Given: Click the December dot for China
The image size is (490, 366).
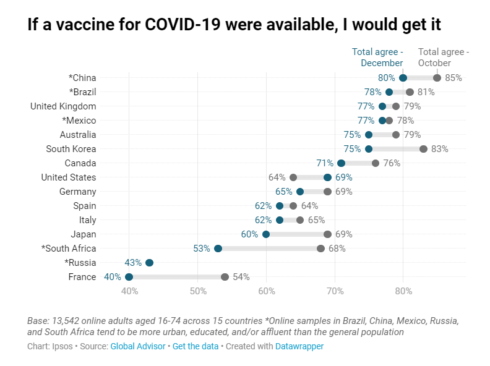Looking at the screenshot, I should [x=403, y=78].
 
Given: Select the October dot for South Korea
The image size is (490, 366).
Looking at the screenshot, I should [x=423, y=149].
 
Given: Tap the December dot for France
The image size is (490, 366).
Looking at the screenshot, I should [x=129, y=277].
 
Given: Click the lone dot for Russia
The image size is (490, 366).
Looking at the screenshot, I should [x=149, y=263].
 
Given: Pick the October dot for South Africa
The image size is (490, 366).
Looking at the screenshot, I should [x=320, y=249].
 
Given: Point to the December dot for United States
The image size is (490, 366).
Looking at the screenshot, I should [x=327, y=177].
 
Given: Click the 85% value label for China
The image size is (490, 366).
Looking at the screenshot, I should [x=453, y=78].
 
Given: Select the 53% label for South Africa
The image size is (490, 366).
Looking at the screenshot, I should [x=202, y=249].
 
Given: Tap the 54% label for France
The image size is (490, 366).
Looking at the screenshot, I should [x=241, y=277].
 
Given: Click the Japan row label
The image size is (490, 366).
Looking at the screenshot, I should [x=84, y=234].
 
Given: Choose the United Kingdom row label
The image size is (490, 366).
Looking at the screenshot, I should [x=63, y=106].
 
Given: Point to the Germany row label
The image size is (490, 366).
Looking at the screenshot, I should [x=77, y=192].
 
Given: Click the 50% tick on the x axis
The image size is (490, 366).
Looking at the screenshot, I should [x=197, y=291].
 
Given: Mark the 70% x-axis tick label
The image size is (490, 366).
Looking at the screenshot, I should [x=335, y=291].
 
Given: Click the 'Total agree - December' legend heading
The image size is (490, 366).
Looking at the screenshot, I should [x=377, y=57].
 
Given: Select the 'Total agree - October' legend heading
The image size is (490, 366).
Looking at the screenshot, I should [x=444, y=57].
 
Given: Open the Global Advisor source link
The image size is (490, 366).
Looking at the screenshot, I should [x=138, y=346].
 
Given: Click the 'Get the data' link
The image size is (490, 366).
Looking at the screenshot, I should [x=196, y=346].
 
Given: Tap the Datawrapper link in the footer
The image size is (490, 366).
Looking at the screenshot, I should [x=299, y=346].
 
